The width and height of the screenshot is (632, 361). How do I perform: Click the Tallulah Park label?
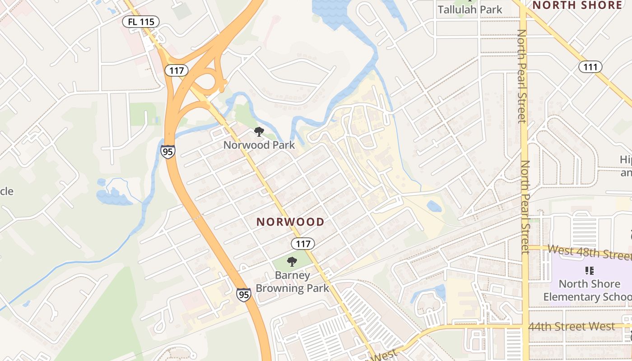click(470, 9)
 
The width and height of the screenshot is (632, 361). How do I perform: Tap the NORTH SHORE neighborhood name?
click(577, 5)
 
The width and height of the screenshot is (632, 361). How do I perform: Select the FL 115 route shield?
click(141, 21)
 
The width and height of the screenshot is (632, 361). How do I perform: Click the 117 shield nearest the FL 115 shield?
click(176, 70)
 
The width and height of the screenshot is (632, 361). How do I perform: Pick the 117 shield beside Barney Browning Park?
click(302, 244)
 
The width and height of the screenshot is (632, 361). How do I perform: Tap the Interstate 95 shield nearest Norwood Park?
click(167, 151)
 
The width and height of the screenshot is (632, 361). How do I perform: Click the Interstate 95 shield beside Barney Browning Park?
click(243, 295)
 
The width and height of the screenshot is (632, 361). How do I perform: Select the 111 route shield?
click(590, 67)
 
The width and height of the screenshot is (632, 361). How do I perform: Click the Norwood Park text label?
click(259, 145)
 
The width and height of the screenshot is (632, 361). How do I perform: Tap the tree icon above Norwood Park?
click(259, 132)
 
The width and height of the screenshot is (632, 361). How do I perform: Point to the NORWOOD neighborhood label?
click(290, 222)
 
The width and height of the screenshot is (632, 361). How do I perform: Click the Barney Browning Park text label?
click(293, 282)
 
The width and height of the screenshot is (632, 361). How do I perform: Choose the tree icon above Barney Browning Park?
click(292, 262)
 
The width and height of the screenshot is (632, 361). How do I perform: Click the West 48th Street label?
click(589, 252)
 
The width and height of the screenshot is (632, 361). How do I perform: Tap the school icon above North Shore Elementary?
click(589, 271)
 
